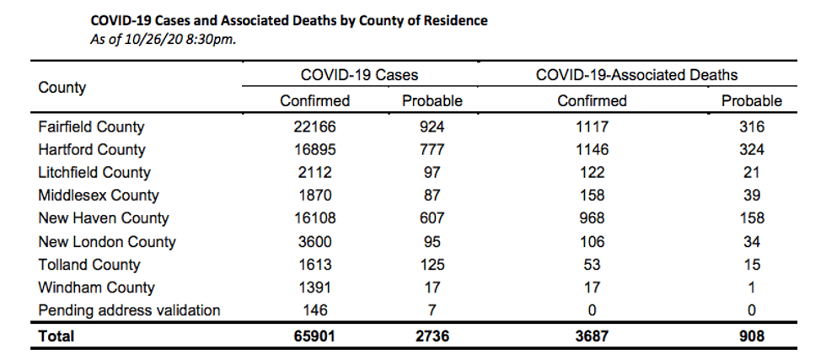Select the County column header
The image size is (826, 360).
tap(62, 88)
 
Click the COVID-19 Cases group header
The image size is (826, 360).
tap(359, 75)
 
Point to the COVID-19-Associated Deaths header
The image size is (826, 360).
tap(637, 75)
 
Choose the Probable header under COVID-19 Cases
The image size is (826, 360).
tap(432, 100)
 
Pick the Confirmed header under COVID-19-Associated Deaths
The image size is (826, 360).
tap(592, 100)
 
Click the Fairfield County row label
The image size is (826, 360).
tap(91, 127)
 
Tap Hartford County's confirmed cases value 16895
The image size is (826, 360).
tap(314, 150)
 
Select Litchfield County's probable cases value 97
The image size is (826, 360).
tap(432, 172)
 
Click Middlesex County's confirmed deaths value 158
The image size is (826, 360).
tap(592, 195)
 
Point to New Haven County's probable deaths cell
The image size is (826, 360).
tap(752, 218)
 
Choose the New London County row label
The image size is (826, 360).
tap(107, 241)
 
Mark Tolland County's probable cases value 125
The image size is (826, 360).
tap(432, 264)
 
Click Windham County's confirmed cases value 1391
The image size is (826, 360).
tap(314, 287)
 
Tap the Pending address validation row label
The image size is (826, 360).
tap(129, 310)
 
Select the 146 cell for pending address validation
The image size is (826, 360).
tap(314, 310)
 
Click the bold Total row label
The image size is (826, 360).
tap(56, 336)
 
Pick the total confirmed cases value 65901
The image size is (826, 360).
tap(314, 336)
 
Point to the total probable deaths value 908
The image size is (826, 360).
tap(752, 336)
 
